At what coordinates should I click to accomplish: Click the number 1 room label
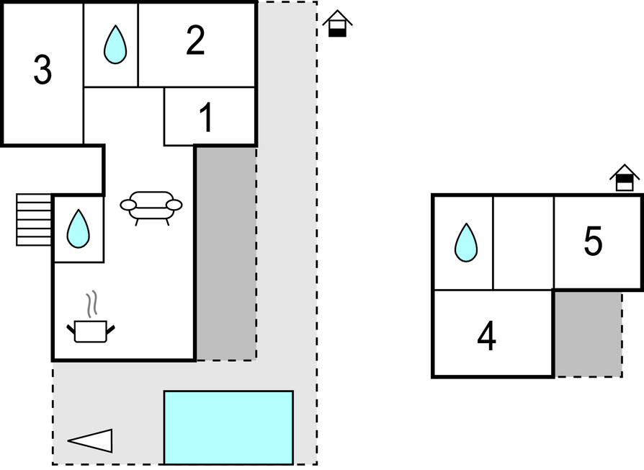point(206,118)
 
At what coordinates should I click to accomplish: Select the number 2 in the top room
point(195,41)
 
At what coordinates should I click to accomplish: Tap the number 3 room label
point(43,71)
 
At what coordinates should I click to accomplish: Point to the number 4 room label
point(487,337)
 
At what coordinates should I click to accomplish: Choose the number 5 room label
point(593,242)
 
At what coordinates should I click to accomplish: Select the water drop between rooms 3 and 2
point(115,45)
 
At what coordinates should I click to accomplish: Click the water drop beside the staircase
point(78,229)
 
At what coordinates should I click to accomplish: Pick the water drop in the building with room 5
point(466,242)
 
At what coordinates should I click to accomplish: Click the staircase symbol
point(34,220)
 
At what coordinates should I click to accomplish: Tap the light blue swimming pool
point(228,427)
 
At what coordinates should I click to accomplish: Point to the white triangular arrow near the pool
point(91,440)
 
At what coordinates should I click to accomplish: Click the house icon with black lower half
point(336,25)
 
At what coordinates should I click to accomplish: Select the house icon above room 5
point(625,178)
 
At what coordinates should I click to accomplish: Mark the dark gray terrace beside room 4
point(588,334)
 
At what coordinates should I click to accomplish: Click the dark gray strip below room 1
point(225,252)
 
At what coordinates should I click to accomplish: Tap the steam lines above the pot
point(91,305)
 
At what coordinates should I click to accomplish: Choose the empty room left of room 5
point(523,242)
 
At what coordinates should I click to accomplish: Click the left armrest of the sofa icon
point(128,205)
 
